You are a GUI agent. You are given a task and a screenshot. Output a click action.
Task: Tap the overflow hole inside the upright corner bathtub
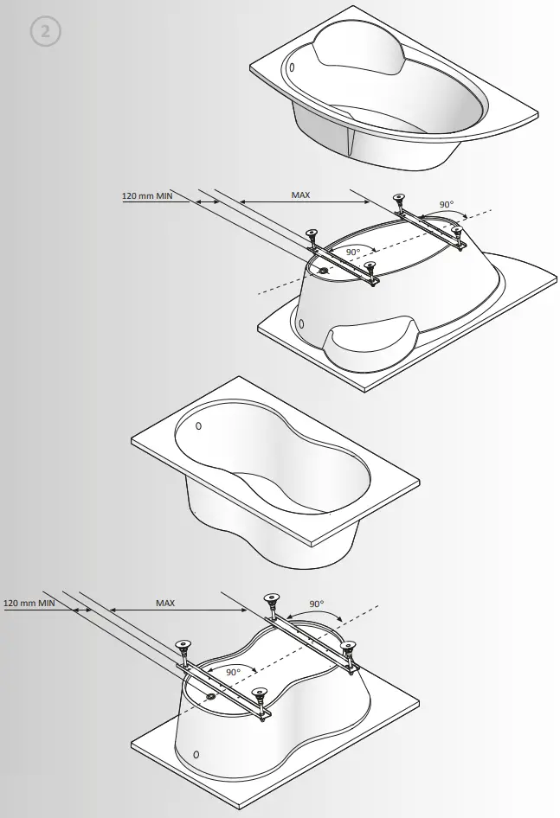pos(293,67)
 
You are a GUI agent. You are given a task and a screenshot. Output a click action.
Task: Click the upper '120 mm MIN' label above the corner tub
pos(147,196)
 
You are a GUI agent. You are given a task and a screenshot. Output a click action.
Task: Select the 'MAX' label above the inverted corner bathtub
pos(300,196)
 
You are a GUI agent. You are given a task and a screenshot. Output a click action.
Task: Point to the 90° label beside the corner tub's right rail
pos(446,205)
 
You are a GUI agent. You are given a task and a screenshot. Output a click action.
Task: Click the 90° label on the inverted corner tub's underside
pos(352,252)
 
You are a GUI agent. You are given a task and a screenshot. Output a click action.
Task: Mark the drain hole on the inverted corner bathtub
pos(325,270)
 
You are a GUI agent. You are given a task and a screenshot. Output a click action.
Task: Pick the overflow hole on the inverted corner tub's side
pos(301,324)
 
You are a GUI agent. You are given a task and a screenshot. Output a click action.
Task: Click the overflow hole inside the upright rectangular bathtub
pos(198,425)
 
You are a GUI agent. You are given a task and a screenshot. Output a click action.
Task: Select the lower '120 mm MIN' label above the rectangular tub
pos(29,603)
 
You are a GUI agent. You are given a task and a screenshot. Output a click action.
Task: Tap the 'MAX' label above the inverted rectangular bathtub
pos(165,603)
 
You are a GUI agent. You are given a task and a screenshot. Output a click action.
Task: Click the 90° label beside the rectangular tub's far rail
pos(316,604)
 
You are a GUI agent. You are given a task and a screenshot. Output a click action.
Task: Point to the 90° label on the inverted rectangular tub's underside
pos(233,672)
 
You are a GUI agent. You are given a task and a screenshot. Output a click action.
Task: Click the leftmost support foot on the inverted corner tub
pos(310,233)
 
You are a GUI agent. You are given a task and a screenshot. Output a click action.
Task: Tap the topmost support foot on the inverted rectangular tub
pos(272,598)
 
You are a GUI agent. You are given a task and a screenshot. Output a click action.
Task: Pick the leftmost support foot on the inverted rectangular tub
pos(183,644)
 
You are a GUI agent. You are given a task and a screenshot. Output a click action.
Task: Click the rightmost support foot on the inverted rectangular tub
pos(349,645)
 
